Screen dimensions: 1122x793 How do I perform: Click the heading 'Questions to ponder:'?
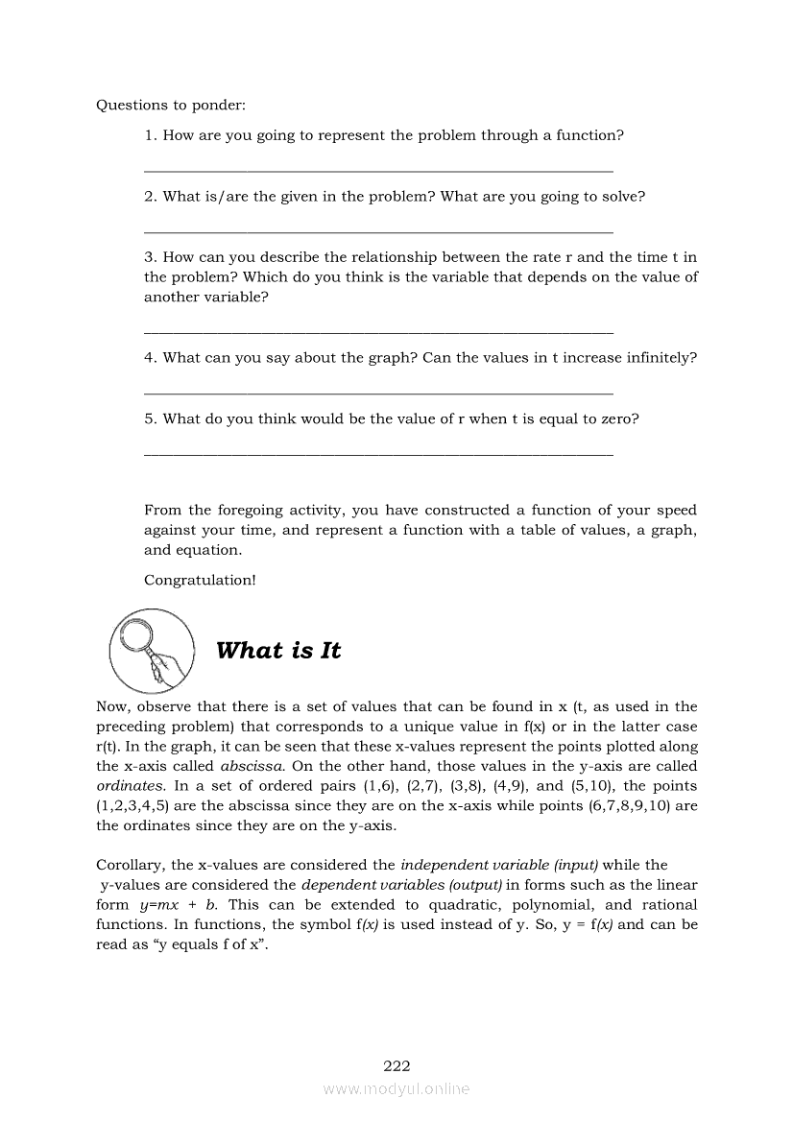[x=164, y=105]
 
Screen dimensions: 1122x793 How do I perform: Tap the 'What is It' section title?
[x=278, y=651]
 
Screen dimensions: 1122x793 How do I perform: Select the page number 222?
[x=396, y=1065]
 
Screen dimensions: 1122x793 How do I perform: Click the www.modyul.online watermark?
[x=396, y=1089]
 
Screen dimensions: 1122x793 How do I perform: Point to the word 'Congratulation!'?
[x=200, y=580]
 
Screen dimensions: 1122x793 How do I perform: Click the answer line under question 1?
[x=377, y=171]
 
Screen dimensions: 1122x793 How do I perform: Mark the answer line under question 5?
[x=377, y=454]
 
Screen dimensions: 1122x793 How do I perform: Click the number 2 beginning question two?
[x=149, y=197]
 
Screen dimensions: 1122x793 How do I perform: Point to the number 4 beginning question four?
[x=149, y=358]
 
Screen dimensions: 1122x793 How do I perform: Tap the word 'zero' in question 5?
[x=612, y=419]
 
